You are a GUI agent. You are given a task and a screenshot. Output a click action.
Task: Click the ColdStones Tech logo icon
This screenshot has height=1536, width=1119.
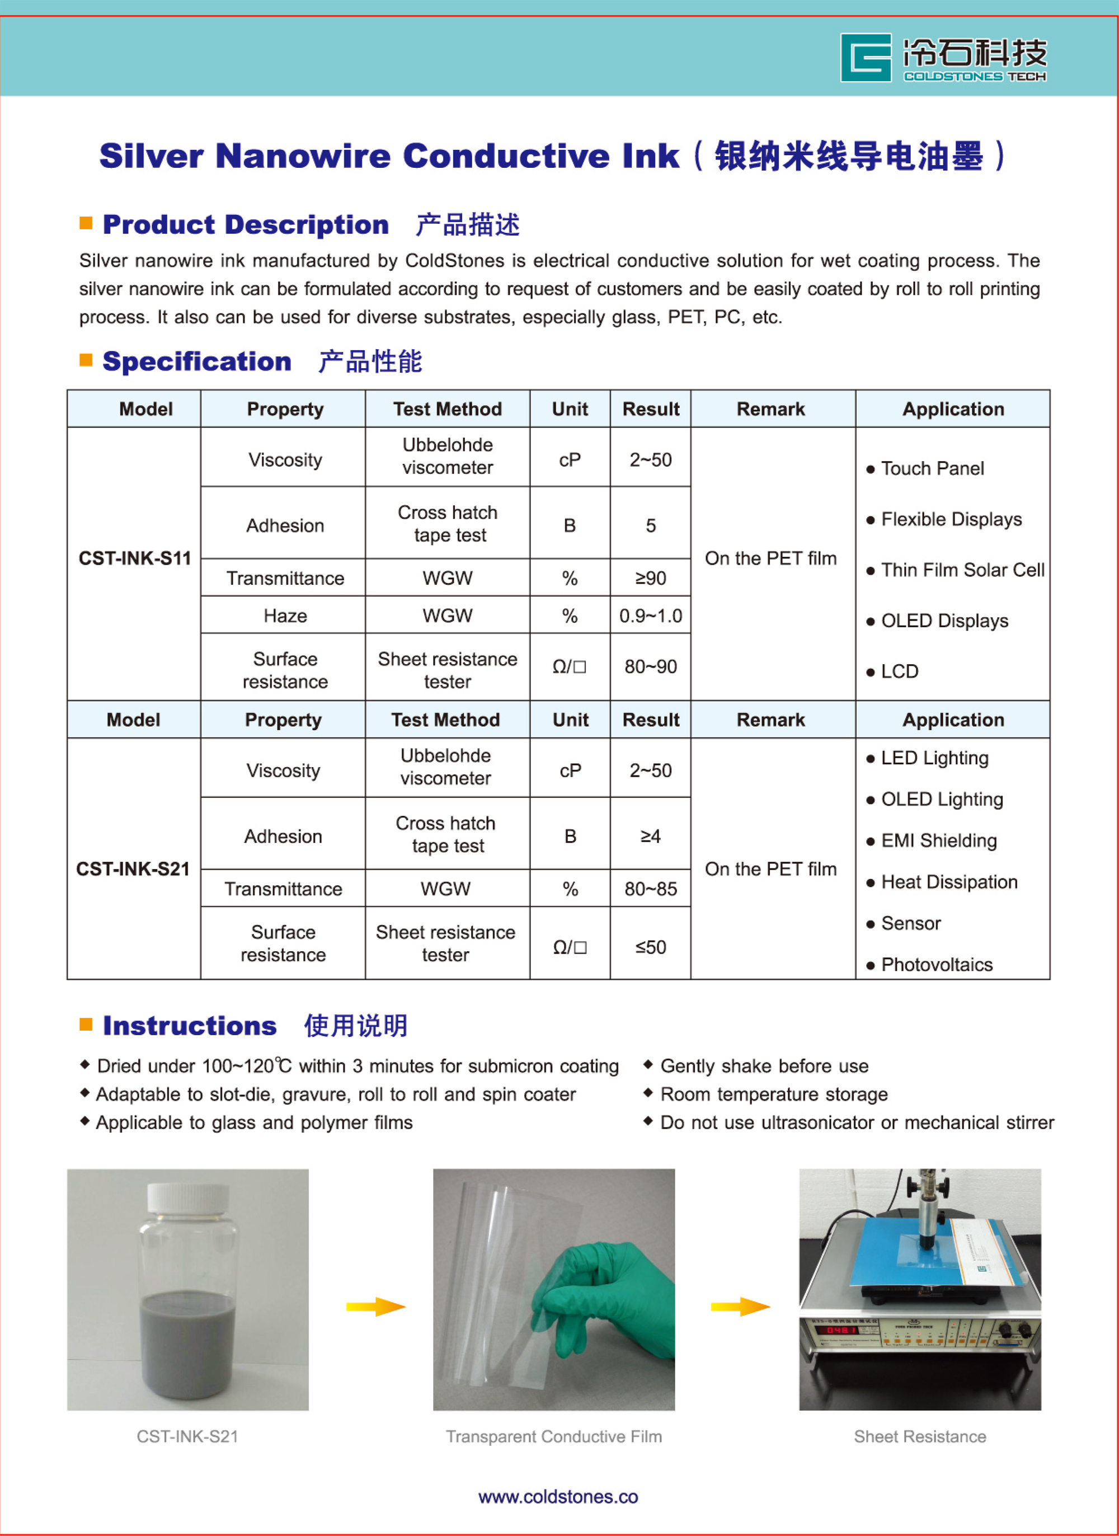865,58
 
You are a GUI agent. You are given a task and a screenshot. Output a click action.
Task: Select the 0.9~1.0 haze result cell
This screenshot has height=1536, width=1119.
650,616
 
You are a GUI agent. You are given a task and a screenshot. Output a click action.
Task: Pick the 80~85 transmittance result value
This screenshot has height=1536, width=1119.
650,889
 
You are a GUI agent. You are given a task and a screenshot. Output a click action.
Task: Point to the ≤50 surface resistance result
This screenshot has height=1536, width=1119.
650,947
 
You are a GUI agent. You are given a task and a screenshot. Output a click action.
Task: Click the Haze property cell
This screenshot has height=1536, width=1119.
285,616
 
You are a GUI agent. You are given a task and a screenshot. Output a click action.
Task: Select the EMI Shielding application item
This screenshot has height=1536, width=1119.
938,840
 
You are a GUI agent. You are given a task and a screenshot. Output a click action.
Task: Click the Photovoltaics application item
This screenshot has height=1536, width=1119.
936,964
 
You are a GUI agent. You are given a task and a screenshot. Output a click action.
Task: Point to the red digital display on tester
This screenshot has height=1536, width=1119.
840,1330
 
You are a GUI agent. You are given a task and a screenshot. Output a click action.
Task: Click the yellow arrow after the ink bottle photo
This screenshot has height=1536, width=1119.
375,1307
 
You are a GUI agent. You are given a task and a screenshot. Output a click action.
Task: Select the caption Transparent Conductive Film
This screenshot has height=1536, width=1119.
553,1436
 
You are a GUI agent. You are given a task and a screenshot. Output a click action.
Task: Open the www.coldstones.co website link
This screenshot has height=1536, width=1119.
558,1497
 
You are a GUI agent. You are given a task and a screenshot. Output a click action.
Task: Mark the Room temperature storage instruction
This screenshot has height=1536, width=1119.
774,1095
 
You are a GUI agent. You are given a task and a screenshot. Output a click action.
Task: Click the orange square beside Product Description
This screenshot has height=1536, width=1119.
86,223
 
